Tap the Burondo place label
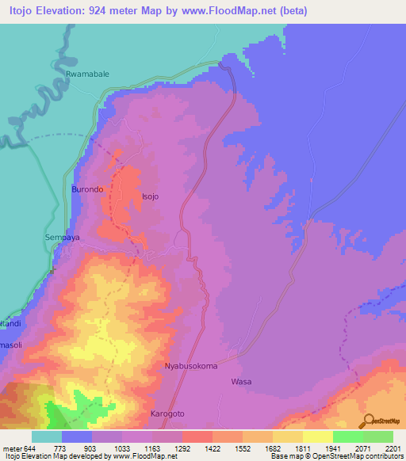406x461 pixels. tap(87, 190)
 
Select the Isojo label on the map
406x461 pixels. tap(151, 196)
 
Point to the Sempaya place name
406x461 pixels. tap(63, 237)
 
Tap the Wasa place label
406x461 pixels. tap(241, 382)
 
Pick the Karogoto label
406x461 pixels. tap(167, 414)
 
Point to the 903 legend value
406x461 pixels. tap(91, 448)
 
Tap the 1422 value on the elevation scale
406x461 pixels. tap(213, 448)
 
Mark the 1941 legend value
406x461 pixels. tap(333, 448)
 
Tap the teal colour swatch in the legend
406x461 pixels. tap(46, 436)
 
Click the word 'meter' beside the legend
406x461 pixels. tap(11, 448)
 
